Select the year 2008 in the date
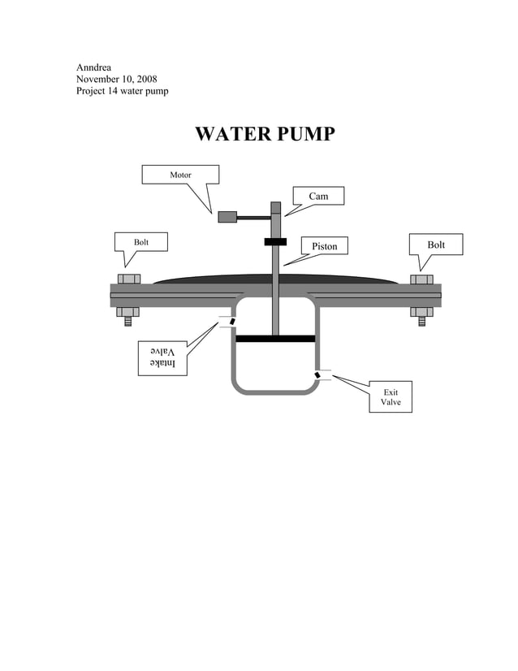[145, 79]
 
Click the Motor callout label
[180, 175]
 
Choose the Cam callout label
[317, 196]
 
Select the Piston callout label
[324, 245]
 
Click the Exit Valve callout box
[391, 396]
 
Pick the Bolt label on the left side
[140, 242]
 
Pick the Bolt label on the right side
[436, 245]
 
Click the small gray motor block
[227, 217]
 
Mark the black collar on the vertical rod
[275, 241]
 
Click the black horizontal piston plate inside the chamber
[275, 338]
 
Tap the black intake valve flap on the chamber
[232, 322]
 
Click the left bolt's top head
[129, 279]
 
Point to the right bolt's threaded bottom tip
[421, 322]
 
